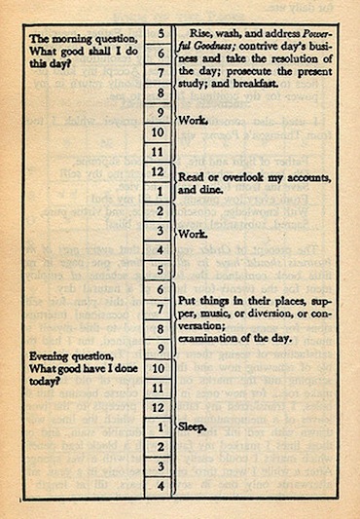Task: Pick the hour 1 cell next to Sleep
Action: pos(159,426)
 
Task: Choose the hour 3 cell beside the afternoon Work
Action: pos(159,235)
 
